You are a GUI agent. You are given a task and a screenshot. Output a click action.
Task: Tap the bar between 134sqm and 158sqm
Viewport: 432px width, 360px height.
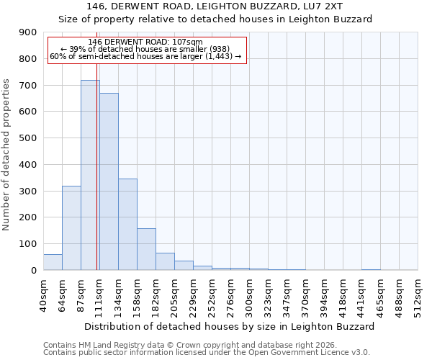coord(127,224)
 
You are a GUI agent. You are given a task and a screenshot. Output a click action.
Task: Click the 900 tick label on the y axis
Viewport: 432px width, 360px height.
coord(27,32)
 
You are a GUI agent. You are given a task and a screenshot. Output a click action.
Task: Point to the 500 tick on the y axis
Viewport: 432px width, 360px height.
coord(27,138)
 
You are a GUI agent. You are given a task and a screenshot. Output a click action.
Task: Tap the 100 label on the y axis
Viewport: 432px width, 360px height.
coord(27,244)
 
